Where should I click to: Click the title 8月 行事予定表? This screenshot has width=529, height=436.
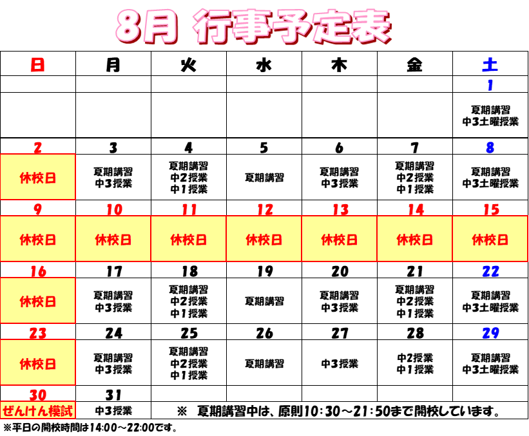point(254,26)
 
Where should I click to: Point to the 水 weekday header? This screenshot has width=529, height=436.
point(264,64)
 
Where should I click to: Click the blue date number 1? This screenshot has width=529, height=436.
point(490,85)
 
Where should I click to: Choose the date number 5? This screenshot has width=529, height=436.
point(264,147)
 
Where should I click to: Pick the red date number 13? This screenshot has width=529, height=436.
point(340,210)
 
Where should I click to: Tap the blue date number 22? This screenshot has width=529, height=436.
point(490,271)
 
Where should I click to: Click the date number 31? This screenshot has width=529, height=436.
point(113,395)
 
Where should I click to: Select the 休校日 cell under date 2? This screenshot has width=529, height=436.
point(38,177)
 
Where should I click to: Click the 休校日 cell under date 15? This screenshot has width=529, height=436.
point(490,239)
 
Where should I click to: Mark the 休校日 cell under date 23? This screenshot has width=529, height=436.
point(38,363)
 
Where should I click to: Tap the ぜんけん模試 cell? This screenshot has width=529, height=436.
point(38,411)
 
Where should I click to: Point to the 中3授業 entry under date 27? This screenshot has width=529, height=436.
point(340,363)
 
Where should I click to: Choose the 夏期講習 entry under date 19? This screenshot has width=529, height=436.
point(264,301)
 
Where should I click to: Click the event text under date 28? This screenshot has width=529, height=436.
point(415,363)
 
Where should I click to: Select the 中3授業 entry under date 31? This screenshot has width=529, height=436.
point(113,411)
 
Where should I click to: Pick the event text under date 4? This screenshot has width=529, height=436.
point(189,177)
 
